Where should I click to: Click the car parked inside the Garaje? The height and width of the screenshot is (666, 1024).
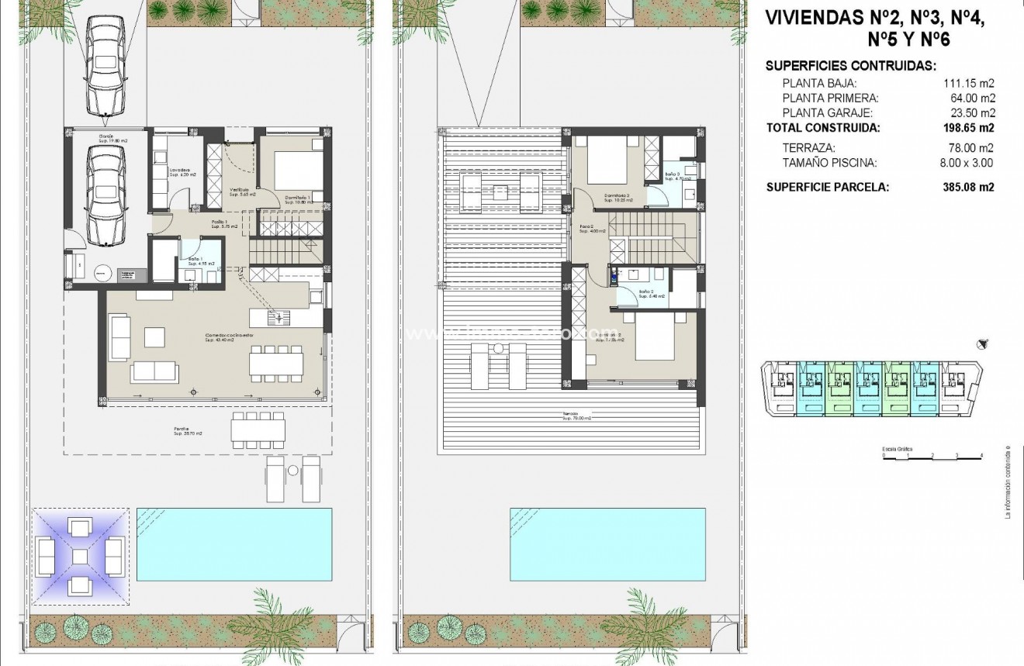pos(106,195)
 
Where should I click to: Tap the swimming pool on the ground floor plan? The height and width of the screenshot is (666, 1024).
pos(234,544)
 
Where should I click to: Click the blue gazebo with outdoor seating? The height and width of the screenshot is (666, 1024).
pos(80,556)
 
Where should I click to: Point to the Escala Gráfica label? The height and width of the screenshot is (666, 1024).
pos(897,449)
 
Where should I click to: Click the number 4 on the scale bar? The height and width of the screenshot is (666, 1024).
pos(981,456)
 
